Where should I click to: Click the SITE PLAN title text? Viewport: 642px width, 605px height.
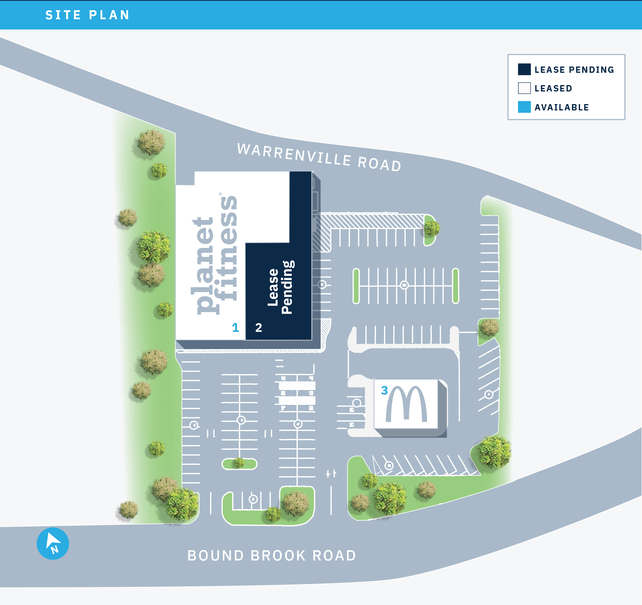(88, 15)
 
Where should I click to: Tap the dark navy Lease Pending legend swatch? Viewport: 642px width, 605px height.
(524, 69)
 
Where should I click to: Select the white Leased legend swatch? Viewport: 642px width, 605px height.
(524, 88)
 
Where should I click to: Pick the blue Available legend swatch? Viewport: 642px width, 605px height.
(524, 107)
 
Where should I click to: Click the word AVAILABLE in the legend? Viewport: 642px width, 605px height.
(562, 107)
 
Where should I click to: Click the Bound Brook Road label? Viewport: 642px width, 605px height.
(272, 556)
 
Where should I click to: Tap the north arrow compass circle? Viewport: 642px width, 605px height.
(53, 544)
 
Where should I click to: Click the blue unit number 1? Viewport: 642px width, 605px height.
(235, 328)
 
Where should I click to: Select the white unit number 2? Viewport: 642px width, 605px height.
(258, 328)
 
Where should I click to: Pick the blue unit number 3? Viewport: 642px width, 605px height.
(384, 390)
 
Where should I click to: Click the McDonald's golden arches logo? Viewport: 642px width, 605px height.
(407, 404)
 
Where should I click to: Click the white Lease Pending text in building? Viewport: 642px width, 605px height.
(280, 287)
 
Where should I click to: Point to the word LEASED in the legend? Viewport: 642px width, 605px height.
(553, 88)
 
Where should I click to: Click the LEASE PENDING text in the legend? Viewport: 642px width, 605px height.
(574, 70)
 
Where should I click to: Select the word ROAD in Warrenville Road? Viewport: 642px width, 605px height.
(379, 164)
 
